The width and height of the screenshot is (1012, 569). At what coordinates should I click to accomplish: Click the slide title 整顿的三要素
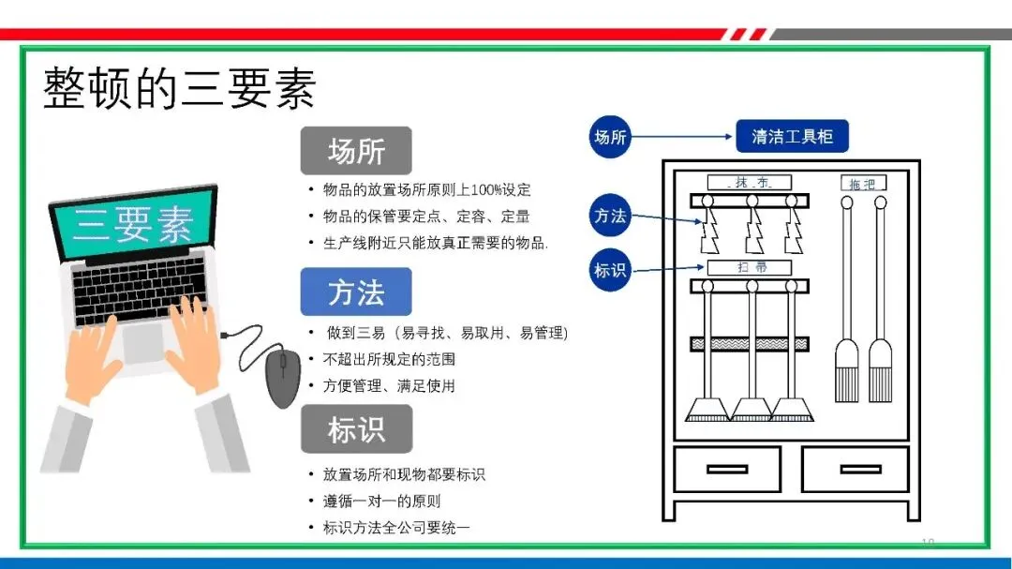pos(179,89)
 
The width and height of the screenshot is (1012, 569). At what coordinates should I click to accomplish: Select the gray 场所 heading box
pos(356,151)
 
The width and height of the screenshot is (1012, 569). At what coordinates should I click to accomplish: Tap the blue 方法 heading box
pos(356,292)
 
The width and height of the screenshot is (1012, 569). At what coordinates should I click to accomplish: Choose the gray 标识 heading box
pos(356,430)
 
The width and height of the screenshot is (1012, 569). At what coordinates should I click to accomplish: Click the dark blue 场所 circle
pos(610,137)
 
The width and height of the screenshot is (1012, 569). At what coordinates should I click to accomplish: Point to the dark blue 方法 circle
pos(610,216)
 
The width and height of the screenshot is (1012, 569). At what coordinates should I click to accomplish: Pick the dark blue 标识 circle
pos(610,271)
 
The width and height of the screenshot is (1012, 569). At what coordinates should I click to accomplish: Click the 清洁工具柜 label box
pos(792,137)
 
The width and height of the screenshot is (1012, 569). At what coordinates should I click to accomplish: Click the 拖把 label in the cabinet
pos(862,184)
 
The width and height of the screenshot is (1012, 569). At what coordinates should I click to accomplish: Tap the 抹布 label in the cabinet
pos(750,182)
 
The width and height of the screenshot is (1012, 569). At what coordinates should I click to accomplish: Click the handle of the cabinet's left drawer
pos(727,469)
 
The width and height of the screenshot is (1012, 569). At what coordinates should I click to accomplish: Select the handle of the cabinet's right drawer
pos(856,469)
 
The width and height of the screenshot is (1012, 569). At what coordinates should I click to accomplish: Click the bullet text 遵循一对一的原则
pos(381,502)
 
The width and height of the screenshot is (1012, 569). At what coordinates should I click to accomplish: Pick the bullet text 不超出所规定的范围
pos(389,359)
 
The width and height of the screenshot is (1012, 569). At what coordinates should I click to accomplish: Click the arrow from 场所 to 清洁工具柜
pos(682,137)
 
